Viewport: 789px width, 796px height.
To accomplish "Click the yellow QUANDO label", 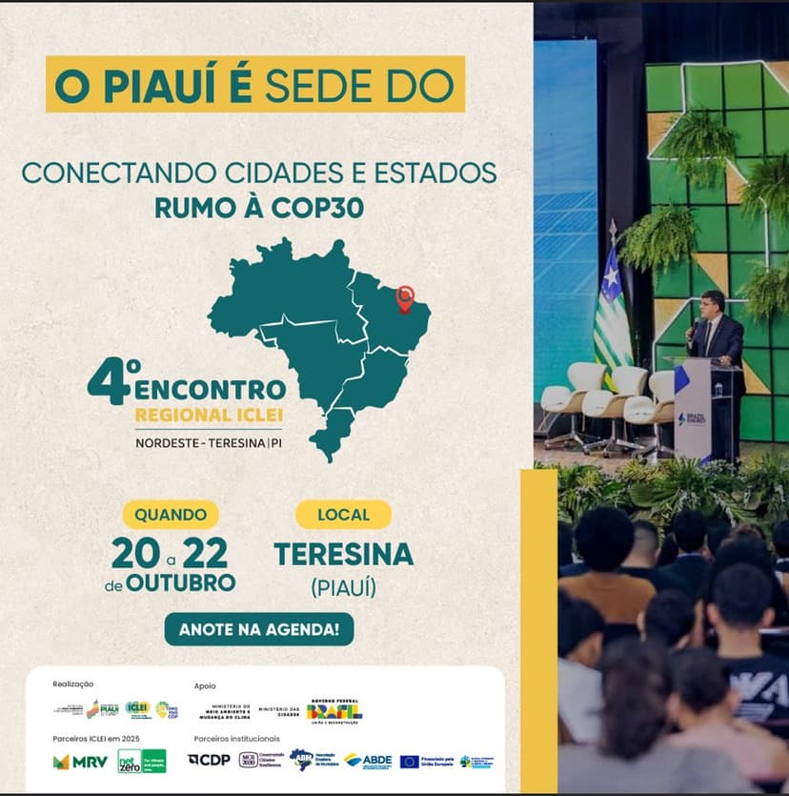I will pos(171,515).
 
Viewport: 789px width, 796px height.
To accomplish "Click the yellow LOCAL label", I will pos(343,515).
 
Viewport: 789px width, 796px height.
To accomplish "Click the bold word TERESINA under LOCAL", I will pos(343,554).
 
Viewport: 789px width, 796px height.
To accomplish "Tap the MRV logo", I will pos(80,761).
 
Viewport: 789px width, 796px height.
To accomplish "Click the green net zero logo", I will pos(141,761).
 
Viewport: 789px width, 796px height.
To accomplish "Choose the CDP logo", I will pos(209,760).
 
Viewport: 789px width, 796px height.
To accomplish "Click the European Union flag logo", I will pos(410,761).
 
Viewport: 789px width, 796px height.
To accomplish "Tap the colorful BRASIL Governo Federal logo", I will pos(334,710).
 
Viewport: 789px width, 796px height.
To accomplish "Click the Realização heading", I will pos(73,684).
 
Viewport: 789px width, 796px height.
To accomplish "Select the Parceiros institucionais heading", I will pos(237,738).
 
